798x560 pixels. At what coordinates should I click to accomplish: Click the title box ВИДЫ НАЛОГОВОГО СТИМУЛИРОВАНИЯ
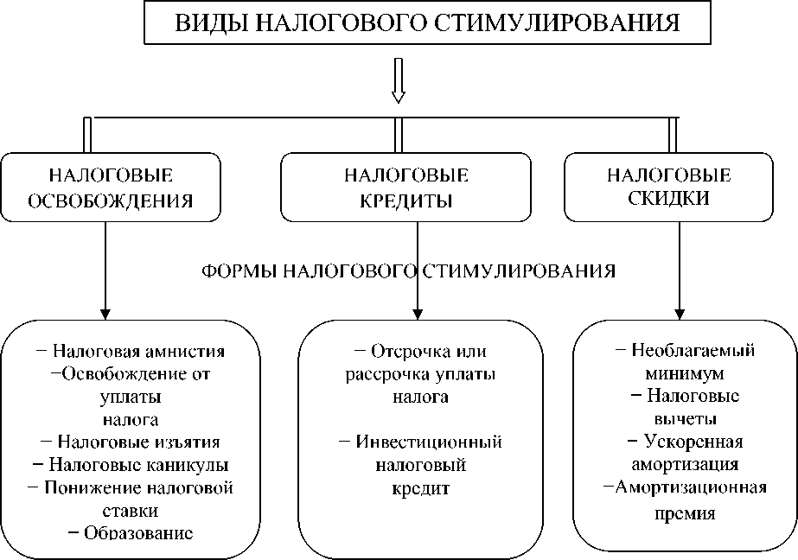(x=426, y=22)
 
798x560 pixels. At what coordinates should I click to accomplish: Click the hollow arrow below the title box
(x=399, y=80)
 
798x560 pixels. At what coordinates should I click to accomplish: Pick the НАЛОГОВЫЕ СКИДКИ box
(x=668, y=188)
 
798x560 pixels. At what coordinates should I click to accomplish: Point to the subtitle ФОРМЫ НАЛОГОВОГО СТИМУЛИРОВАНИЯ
(x=408, y=271)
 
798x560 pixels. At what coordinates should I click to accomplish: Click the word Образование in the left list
(x=138, y=531)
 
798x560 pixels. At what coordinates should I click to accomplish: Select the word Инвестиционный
(x=429, y=442)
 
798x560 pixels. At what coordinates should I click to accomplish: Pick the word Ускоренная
(x=694, y=442)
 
